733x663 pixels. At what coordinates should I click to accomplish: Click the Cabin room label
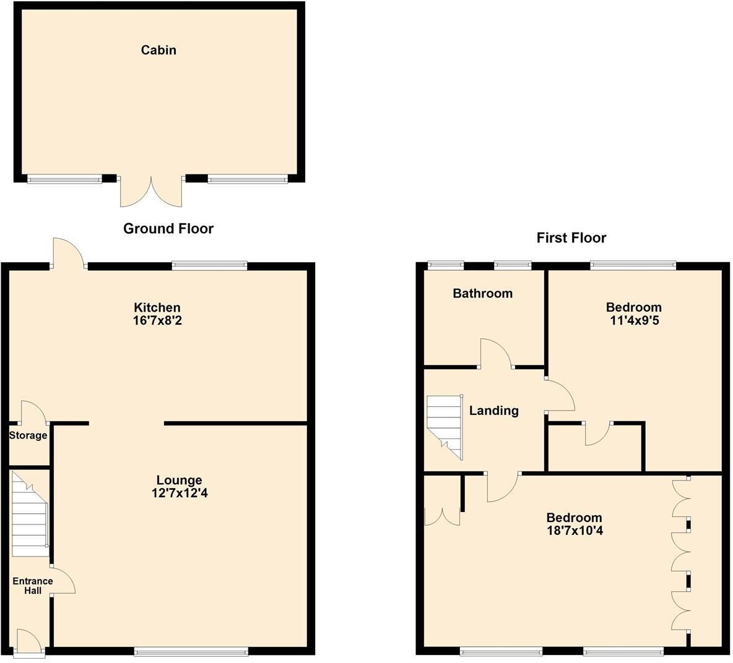[x=158, y=50]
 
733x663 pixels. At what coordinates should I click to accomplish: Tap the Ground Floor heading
[x=168, y=229]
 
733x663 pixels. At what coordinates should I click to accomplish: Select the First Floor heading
[x=571, y=238]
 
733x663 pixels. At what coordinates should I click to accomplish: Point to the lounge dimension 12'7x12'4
[x=179, y=494]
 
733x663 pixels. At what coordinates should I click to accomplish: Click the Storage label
[x=28, y=435]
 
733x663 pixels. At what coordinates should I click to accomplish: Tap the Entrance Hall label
[x=33, y=586]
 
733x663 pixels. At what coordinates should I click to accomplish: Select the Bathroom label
[x=482, y=293]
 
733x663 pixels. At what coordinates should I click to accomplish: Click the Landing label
[x=493, y=411]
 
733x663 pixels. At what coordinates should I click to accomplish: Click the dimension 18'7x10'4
[x=573, y=531]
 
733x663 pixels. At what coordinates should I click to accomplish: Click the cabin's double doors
[x=151, y=191]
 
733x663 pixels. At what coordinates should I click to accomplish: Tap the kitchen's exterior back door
[x=68, y=254]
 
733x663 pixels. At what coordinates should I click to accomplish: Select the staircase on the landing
[x=445, y=427]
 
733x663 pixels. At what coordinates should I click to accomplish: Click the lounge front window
[x=191, y=651]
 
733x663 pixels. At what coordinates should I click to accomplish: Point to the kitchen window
[x=209, y=266]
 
